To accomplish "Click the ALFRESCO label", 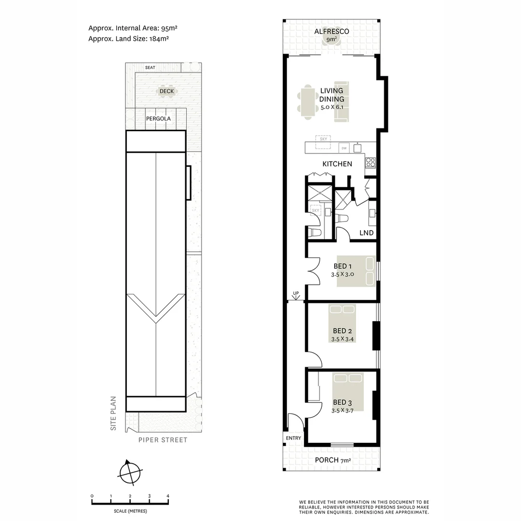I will point(331,32).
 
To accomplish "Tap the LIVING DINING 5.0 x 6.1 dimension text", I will point(331,108).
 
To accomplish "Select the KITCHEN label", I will point(337,164).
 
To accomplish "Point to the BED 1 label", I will point(343,266).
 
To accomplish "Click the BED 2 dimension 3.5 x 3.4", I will point(343,339).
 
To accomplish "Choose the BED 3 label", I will point(343,402).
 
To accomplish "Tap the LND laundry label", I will point(367,233).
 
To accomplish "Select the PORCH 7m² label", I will point(332,460).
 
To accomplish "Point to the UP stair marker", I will point(296,293).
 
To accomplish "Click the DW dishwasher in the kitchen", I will point(344,148).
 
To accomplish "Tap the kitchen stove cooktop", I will point(370,162).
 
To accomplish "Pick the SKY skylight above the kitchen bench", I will point(323,139).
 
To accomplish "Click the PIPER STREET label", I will point(163,440).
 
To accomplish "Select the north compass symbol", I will point(130,471).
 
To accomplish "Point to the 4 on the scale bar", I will point(168,496).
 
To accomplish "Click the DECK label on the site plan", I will point(166,91).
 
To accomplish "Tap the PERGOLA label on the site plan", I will point(158,118).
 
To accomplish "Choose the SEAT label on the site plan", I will point(150,68).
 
